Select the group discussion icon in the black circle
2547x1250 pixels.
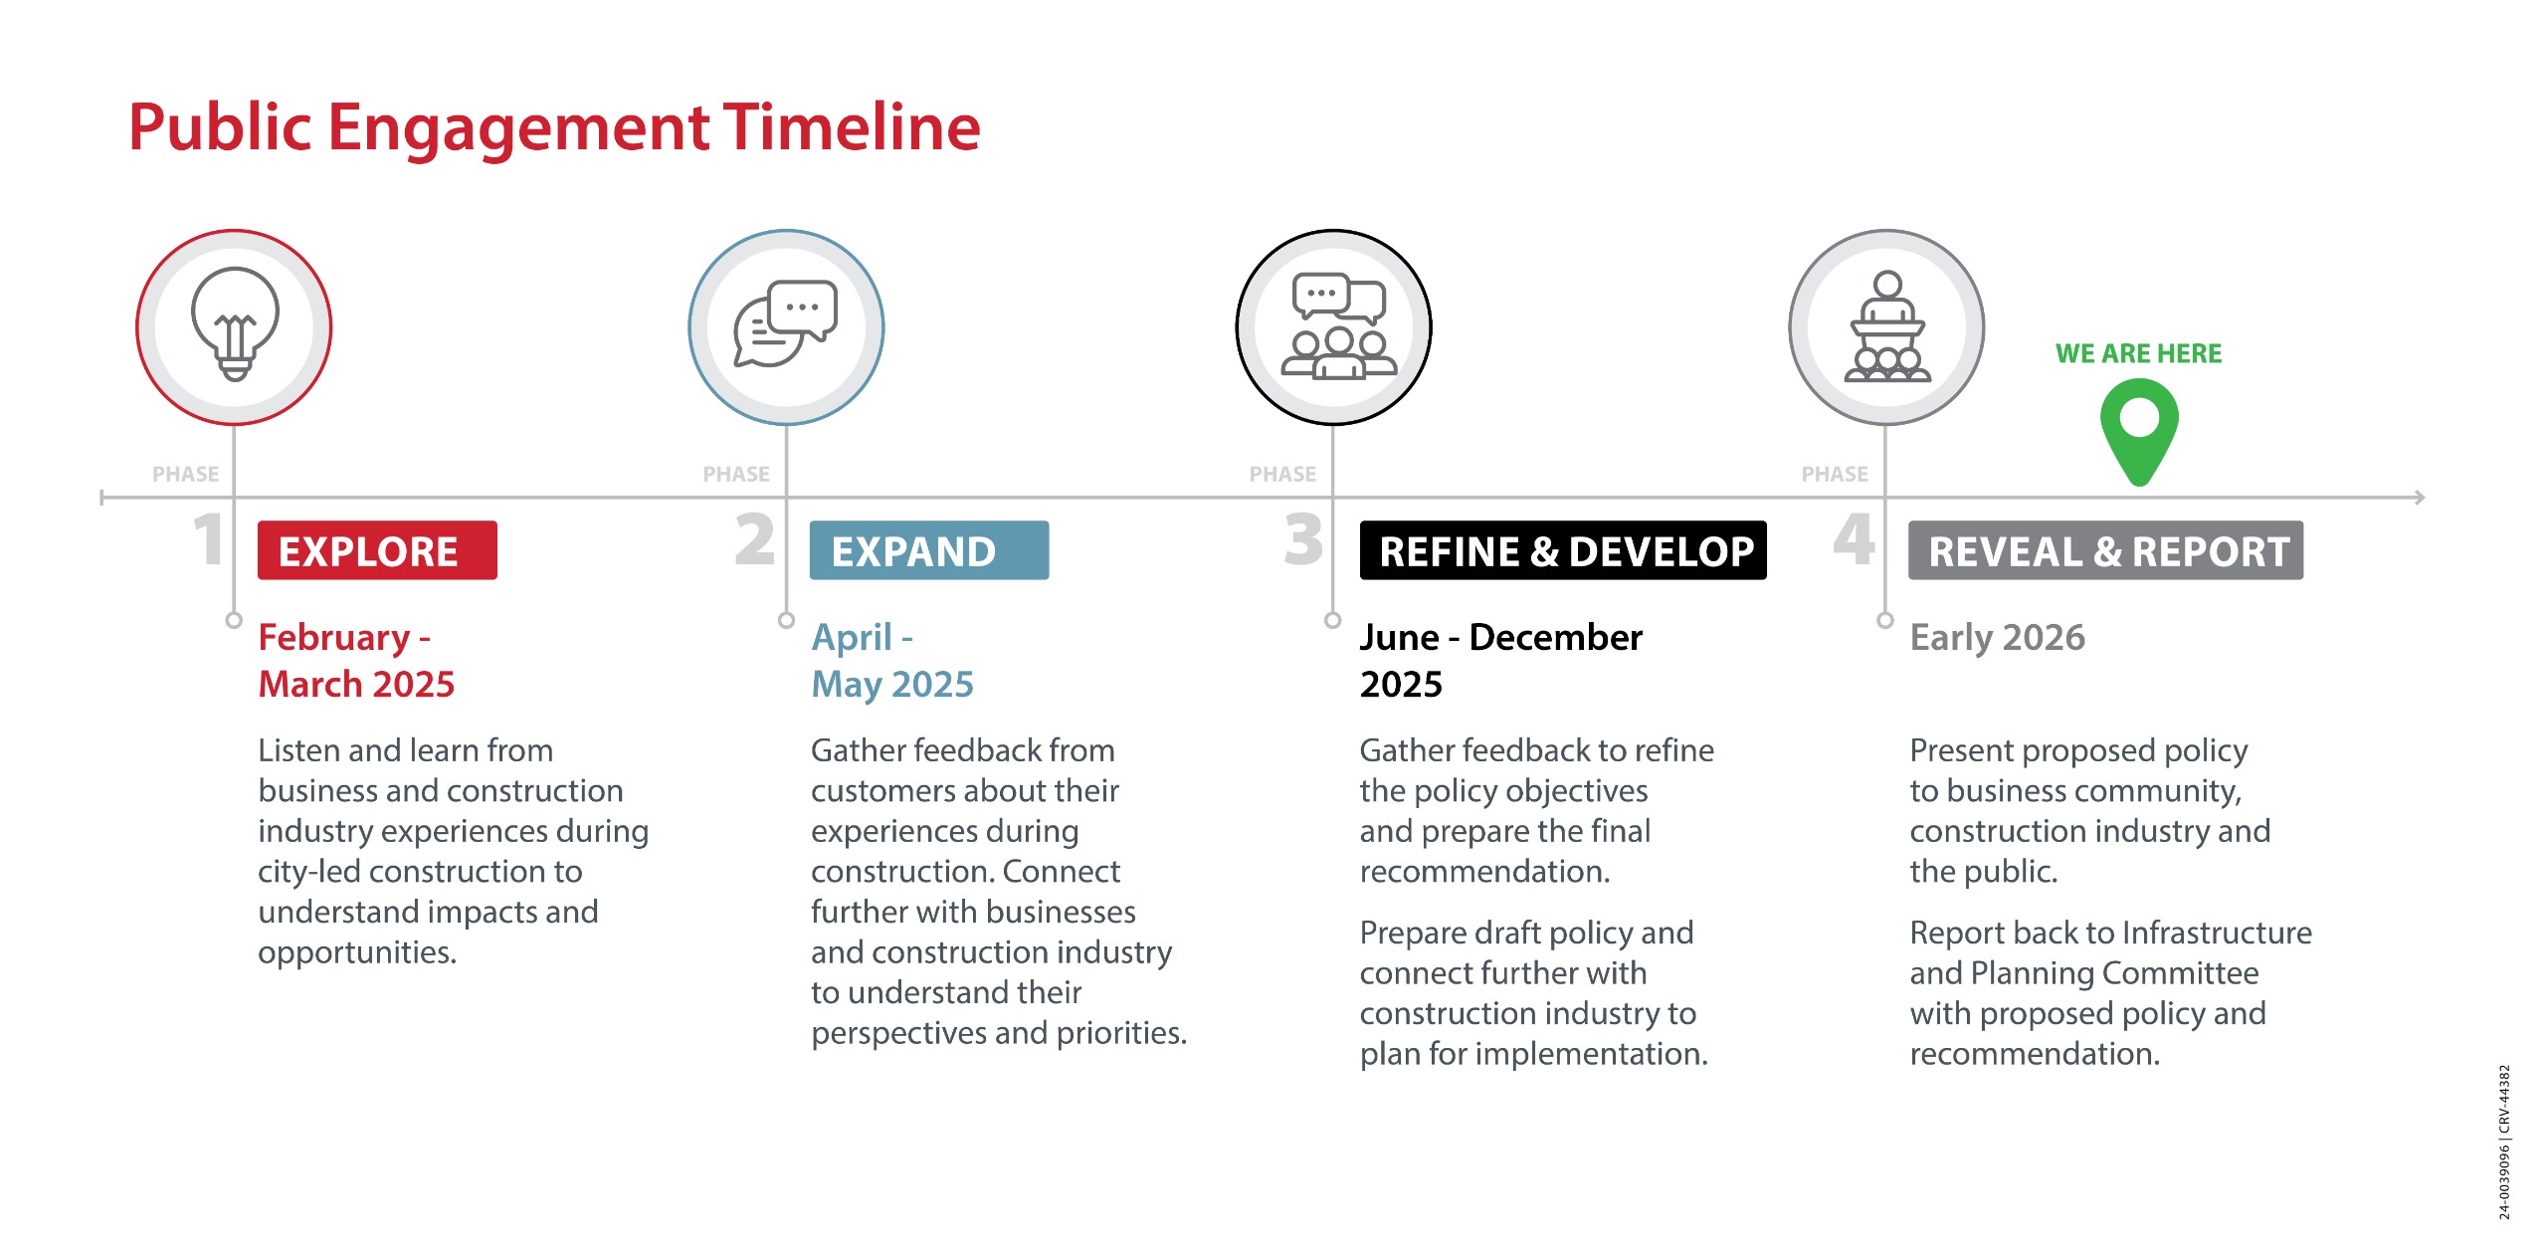pyautogui.click(x=1338, y=326)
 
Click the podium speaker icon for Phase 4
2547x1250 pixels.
pyautogui.click(x=1887, y=326)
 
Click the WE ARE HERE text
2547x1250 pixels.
pyautogui.click(x=2138, y=353)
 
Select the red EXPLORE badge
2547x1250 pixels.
pyautogui.click(x=377, y=550)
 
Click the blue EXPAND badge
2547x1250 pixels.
pyautogui.click(x=929, y=550)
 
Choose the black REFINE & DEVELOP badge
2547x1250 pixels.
pyautogui.click(x=1563, y=550)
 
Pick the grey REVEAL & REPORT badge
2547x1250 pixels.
pyautogui.click(x=2105, y=550)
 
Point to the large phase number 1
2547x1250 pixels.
pyautogui.click(x=208, y=539)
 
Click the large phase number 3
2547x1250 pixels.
pyautogui.click(x=1303, y=539)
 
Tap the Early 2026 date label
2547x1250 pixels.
pyautogui.click(x=1997, y=637)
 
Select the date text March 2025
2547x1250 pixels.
pyautogui.click(x=356, y=684)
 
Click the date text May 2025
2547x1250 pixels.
pyautogui.click(x=892, y=685)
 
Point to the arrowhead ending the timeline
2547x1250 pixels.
pyautogui.click(x=2420, y=497)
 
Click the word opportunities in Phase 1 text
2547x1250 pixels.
pyautogui.click(x=356, y=953)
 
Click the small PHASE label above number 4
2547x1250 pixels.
pyautogui.click(x=1835, y=474)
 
